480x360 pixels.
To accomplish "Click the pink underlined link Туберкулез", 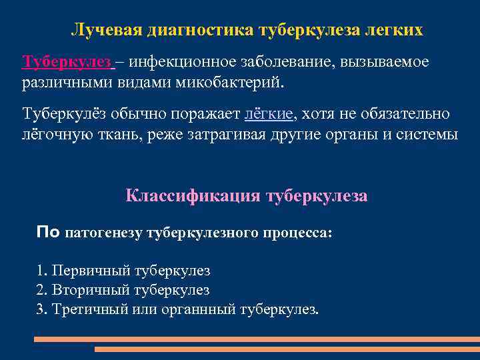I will click(x=66, y=62).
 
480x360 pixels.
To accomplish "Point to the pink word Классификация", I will click(x=193, y=196).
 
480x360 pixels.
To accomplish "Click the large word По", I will click(x=49, y=233).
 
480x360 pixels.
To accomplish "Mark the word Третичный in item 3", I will click(x=93, y=310).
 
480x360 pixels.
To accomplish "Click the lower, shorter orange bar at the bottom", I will click(x=287, y=349).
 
